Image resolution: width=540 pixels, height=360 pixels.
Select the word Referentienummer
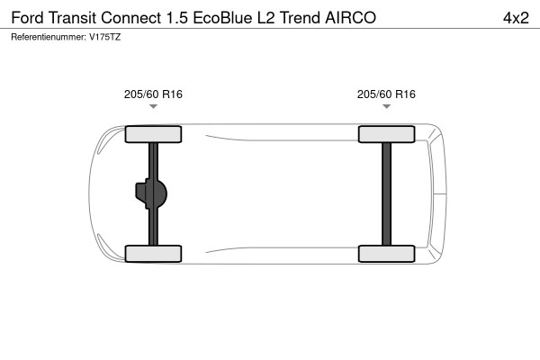(48, 37)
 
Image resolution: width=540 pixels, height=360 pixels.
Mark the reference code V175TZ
(105, 37)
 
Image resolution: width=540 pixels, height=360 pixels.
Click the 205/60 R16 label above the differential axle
(153, 94)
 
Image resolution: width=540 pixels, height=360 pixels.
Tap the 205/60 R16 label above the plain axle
(386, 94)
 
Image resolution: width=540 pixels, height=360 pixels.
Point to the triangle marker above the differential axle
(153, 107)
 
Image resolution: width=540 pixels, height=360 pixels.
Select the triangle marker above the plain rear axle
(386, 107)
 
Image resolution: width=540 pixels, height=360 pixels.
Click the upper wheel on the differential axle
(153, 135)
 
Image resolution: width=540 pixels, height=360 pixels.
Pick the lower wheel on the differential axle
(153, 253)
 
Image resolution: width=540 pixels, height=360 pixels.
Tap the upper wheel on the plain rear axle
(386, 135)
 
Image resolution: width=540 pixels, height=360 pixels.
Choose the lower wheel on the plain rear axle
(386, 253)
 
